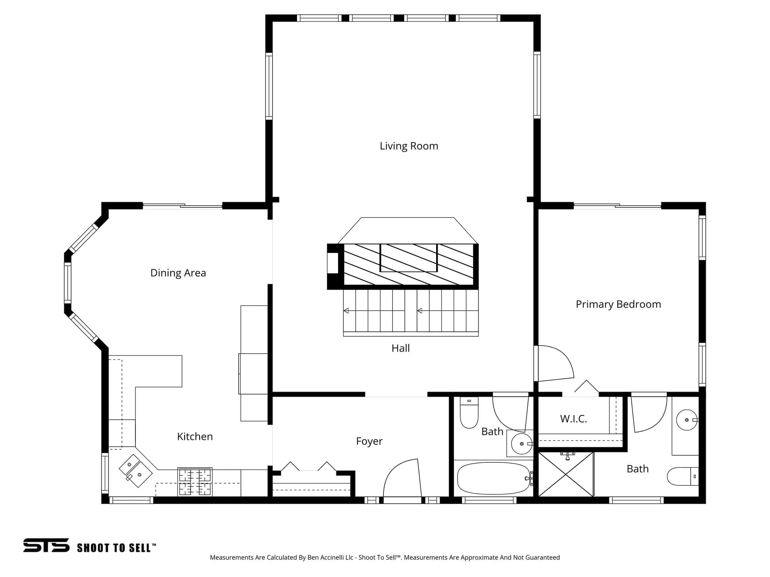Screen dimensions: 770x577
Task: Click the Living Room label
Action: tap(409, 146)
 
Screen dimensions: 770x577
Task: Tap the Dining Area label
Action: tap(178, 273)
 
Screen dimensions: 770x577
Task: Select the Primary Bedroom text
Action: tap(618, 304)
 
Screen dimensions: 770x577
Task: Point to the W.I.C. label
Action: tap(573, 419)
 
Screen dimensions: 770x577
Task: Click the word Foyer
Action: tap(369, 441)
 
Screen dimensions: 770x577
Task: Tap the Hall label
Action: tap(400, 348)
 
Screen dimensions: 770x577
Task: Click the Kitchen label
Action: tap(195, 437)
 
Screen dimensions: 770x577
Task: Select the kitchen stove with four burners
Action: tap(195, 482)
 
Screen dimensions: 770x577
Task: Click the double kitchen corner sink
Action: tap(135, 470)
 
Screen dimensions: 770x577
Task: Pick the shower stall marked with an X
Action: tap(566, 474)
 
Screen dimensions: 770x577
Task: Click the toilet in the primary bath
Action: tap(683, 476)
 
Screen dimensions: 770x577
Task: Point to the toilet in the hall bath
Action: tap(469, 412)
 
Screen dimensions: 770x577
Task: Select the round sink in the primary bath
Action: tap(687, 420)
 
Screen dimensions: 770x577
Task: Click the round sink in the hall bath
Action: tap(521, 444)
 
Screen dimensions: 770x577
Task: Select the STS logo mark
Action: tap(46, 545)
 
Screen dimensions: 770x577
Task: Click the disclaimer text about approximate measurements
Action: tap(385, 557)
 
